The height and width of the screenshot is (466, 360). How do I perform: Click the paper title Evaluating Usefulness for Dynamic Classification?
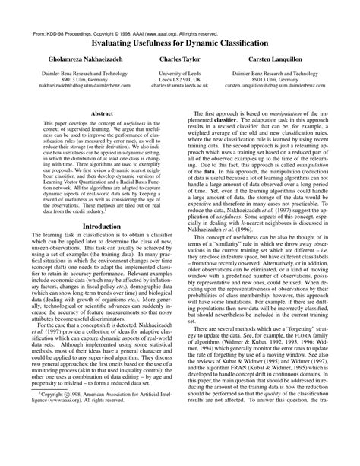click(179, 45)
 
